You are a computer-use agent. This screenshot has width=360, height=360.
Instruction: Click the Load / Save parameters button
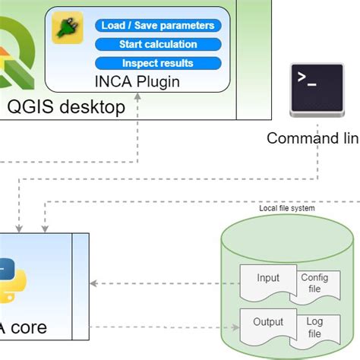click(x=158, y=26)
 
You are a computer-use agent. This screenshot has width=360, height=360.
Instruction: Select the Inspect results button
click(x=158, y=63)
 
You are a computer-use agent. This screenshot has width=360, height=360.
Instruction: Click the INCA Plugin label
click(x=137, y=81)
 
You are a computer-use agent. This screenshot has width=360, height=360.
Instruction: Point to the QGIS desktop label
click(x=66, y=107)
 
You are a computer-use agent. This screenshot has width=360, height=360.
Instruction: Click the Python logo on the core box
click(x=6, y=275)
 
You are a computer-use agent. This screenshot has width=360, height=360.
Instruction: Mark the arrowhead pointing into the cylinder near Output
click(x=231, y=329)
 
